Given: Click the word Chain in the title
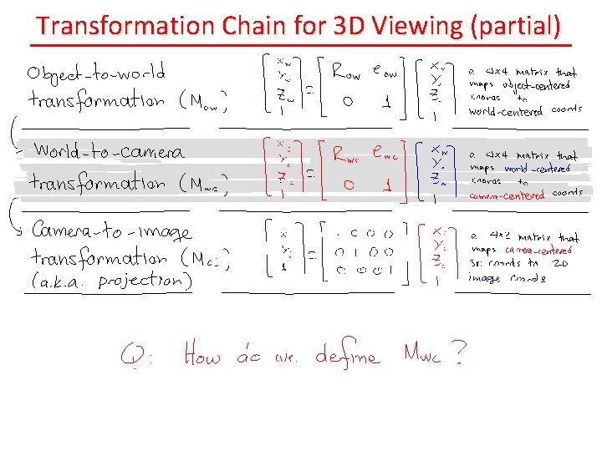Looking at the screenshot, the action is (x=256, y=27).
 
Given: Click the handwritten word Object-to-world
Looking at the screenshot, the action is (x=95, y=72).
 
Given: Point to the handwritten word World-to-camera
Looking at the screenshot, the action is (x=109, y=152).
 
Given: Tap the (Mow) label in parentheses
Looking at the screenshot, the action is (x=203, y=104).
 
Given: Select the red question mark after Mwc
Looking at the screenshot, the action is (x=458, y=357).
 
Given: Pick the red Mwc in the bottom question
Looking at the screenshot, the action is (x=421, y=357).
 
